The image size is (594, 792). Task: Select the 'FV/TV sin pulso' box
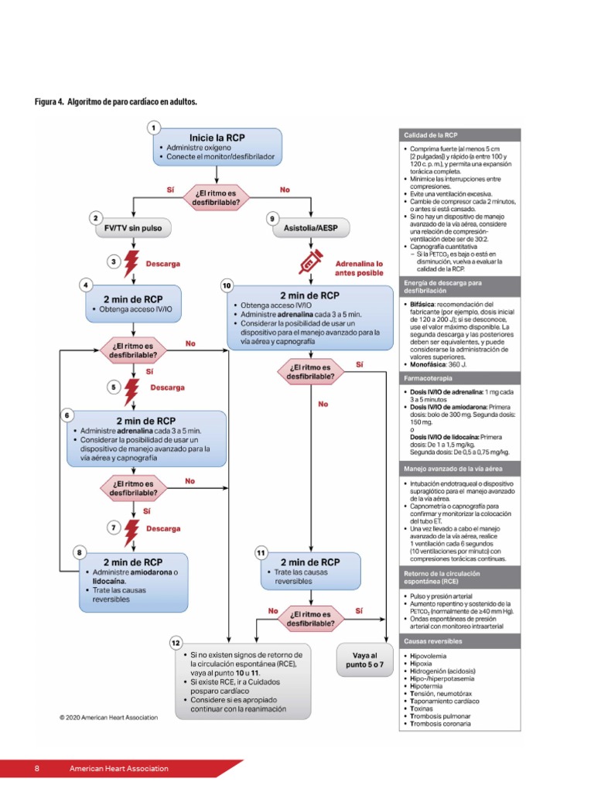click(x=133, y=229)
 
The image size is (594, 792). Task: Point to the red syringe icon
click(x=309, y=263)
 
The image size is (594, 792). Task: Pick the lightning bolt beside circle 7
click(x=132, y=529)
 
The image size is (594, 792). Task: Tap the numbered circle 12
click(x=176, y=643)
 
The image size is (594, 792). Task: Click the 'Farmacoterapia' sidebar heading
click(x=427, y=380)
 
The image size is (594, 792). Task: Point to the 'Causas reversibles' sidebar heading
click(x=433, y=641)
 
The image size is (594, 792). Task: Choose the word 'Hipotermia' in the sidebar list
click(x=424, y=686)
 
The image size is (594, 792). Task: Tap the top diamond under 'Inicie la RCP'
click(x=217, y=198)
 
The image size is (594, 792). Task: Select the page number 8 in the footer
click(x=37, y=769)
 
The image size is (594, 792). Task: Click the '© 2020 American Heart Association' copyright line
click(x=109, y=717)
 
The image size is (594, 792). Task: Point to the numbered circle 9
click(x=272, y=219)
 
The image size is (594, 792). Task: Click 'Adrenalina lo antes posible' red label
click(x=359, y=268)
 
